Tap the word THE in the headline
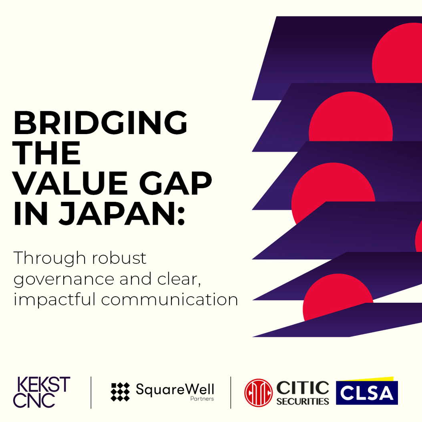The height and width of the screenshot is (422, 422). [46, 153]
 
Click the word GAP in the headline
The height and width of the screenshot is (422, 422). [175, 183]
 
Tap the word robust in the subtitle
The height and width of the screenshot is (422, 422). [119, 258]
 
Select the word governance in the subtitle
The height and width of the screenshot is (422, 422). [64, 280]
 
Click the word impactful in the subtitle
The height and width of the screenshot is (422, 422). [54, 299]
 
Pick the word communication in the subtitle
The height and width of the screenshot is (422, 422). [169, 299]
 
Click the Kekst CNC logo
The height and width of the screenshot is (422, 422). [42, 392]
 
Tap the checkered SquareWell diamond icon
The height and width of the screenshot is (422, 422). [120, 392]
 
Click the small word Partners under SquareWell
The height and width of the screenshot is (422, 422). [202, 399]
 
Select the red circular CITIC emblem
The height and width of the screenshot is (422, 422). [258, 393]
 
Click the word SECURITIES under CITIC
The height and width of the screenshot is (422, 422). [303, 401]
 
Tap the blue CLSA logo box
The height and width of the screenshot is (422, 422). [367, 393]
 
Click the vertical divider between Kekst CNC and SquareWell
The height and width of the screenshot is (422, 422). [91, 392]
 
